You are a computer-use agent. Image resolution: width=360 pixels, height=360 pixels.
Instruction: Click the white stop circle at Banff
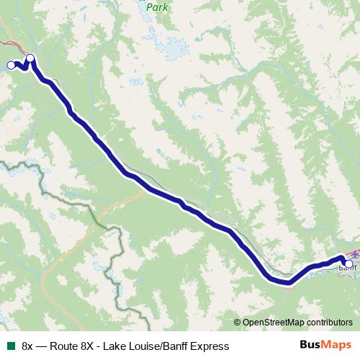tap(348, 264)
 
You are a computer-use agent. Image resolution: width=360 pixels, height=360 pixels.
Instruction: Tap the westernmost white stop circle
tap(10, 66)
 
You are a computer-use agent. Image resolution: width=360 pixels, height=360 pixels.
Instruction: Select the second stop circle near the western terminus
tap(30, 58)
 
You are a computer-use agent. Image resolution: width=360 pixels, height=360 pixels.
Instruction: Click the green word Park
tap(156, 7)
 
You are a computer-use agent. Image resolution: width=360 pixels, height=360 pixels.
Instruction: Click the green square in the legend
tap(10, 346)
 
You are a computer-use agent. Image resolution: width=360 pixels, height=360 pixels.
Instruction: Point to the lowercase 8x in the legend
tap(27, 346)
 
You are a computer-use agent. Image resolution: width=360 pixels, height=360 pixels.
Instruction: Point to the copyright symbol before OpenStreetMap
tap(238, 323)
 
